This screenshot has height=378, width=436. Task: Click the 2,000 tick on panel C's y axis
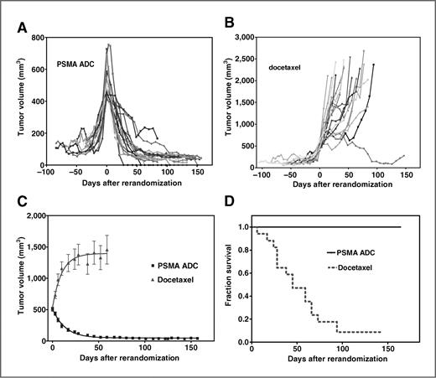coord(32,216)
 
